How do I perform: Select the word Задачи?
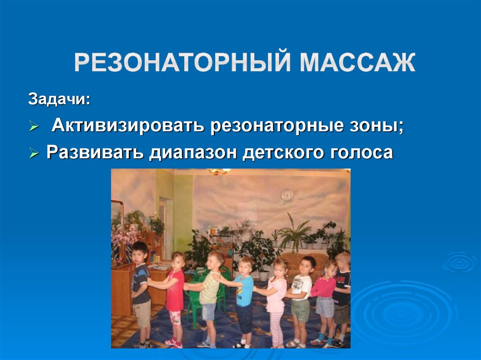59,100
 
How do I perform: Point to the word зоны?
375,126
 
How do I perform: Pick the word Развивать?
95,153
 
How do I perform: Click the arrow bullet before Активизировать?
34,127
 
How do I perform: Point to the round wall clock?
287,194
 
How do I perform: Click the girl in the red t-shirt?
175,296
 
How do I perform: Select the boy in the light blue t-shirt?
244,300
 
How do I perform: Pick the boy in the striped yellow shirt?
210,296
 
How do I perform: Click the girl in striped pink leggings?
277,300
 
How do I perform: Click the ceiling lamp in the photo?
217,172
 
